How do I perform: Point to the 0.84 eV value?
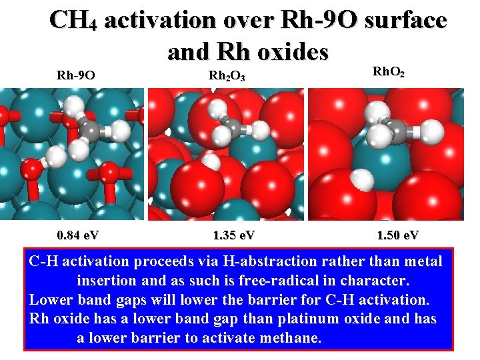coord(79,235)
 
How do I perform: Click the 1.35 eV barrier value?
coord(233,235)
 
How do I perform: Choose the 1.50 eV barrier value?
coord(398,235)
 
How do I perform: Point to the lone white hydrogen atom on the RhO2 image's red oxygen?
coord(362,178)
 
